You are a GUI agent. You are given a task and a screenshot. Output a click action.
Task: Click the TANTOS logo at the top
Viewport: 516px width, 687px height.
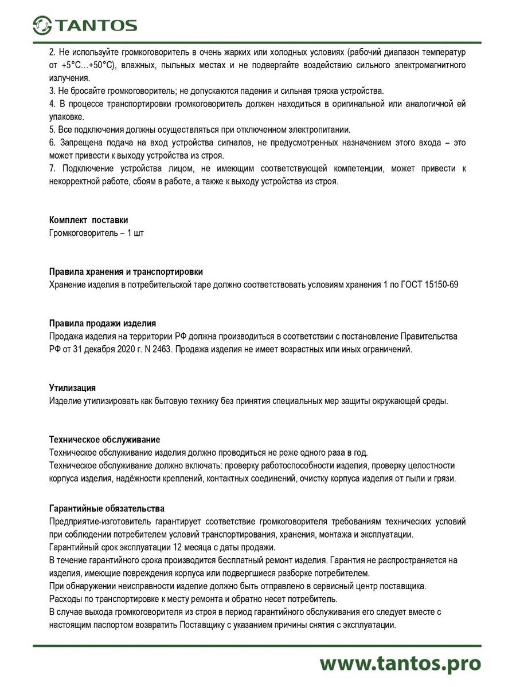coord(85,25)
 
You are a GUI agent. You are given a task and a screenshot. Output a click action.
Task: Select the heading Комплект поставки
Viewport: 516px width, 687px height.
coord(89,220)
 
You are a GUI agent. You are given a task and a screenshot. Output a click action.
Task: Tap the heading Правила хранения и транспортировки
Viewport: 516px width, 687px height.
coord(126,272)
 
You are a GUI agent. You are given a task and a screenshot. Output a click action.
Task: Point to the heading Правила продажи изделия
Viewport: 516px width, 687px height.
coord(103,323)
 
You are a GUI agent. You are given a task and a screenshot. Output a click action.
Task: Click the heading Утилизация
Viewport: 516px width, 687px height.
coord(73,388)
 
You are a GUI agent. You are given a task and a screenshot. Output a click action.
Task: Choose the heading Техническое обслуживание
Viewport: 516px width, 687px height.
coord(105,440)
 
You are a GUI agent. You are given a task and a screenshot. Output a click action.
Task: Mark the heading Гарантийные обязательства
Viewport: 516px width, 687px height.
coord(107,508)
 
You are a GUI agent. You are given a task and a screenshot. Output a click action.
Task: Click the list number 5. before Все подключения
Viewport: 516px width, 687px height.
coord(53,129)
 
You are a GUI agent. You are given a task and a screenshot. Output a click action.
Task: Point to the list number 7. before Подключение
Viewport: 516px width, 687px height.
coord(53,168)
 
